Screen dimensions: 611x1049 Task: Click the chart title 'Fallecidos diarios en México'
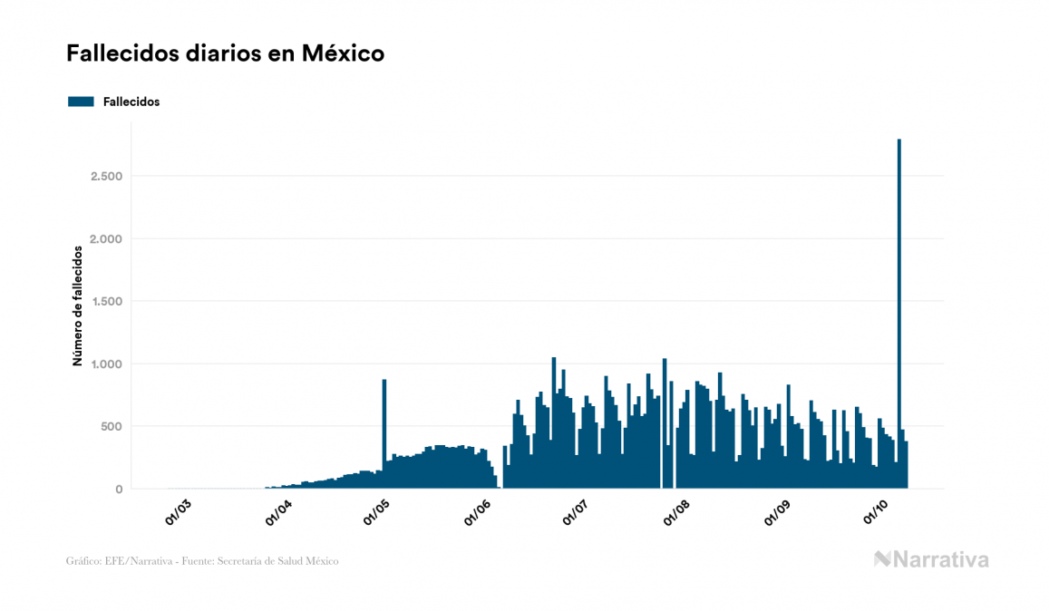click(225, 53)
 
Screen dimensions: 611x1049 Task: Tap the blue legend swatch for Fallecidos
click(81, 102)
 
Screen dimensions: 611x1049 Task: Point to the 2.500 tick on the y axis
click(106, 176)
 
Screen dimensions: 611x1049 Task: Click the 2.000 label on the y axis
click(106, 238)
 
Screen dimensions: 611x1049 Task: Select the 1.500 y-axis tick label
click(107, 301)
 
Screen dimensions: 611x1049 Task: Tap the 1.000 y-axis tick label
click(107, 364)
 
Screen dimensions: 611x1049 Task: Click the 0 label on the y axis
click(118, 490)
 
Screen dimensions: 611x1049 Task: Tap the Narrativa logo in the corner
click(931, 559)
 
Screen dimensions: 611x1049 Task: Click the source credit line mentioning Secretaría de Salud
click(202, 561)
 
